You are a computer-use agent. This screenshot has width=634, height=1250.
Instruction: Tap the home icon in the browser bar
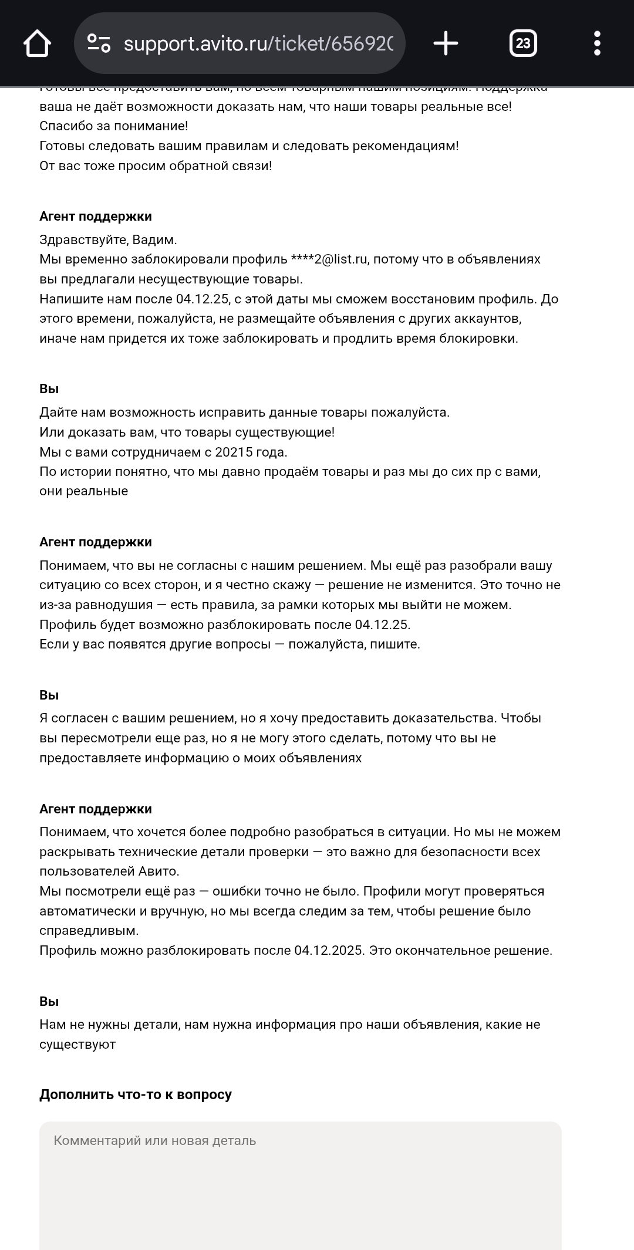tap(37, 43)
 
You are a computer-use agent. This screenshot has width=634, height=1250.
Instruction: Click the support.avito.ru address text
tap(258, 43)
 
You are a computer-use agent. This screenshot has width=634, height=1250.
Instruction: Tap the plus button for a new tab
tap(446, 43)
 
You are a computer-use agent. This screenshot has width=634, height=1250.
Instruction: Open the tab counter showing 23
tap(522, 43)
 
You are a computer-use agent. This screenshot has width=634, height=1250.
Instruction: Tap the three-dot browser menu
tap(597, 43)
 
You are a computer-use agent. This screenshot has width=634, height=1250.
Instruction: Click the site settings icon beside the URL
tap(99, 43)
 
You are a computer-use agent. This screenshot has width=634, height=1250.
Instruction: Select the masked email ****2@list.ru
tap(329, 259)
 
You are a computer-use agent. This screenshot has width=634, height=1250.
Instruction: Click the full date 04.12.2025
tap(329, 950)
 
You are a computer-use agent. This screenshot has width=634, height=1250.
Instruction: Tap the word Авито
tap(158, 871)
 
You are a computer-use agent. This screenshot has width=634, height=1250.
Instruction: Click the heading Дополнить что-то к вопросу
tap(136, 1094)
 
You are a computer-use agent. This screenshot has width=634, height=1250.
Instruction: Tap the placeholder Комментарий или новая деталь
tap(155, 1140)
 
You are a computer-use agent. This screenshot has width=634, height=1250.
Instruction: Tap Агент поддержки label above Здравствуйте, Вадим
tap(96, 217)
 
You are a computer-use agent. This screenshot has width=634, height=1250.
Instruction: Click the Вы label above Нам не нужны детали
tap(49, 1001)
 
